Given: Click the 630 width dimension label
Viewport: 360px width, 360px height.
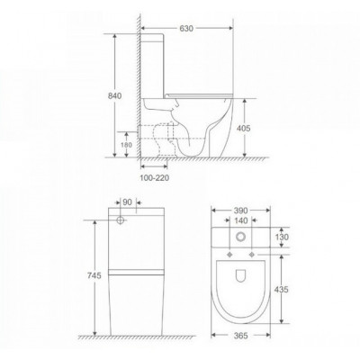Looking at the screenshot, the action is pos(186,28).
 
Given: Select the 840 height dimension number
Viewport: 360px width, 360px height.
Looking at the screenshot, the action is pos(115,96).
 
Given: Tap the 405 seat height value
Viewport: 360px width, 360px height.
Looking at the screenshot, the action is pos(243,128).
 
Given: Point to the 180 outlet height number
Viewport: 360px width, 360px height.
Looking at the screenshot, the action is pos(126,145).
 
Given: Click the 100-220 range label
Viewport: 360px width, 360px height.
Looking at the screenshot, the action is pos(155,178).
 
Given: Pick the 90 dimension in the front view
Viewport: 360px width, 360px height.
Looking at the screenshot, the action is pos(127,202).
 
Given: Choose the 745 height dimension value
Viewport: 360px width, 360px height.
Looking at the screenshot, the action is pos(94,275).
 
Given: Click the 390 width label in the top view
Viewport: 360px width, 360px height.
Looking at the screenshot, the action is pos(240,211).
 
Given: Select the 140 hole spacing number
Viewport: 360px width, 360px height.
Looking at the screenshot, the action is pos(241,220).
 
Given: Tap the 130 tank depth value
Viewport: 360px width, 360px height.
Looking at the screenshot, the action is pos(282,238).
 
